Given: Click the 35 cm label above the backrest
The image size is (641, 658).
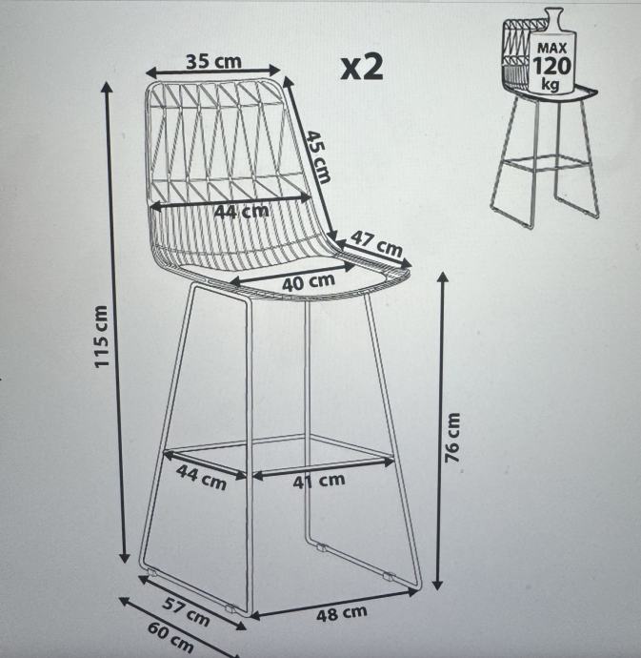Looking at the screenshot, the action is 213,62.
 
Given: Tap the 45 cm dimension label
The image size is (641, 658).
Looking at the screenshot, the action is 317,156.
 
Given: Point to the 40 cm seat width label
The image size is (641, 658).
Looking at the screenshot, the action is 309,282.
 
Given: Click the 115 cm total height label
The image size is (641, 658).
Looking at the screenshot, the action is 101,337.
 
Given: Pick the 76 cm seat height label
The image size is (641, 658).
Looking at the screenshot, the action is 452,438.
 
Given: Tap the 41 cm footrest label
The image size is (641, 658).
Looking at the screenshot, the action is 319,481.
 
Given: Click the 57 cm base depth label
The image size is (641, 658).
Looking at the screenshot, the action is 186,611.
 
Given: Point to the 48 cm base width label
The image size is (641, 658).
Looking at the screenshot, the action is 342,613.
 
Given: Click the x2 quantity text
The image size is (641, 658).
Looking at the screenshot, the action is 362,67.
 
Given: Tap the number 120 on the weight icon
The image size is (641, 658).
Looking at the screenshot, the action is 551,65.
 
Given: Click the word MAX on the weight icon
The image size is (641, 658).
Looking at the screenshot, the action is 551,48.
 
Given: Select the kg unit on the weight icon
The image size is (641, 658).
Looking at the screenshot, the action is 551,83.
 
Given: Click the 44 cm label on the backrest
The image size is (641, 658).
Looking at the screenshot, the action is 242,211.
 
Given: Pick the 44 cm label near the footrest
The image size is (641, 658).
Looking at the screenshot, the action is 201,477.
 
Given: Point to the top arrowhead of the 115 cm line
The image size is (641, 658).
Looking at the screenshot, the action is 107,87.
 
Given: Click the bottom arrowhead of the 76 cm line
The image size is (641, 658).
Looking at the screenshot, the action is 438,584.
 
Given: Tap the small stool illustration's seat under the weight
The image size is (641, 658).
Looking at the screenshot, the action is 557,92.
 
